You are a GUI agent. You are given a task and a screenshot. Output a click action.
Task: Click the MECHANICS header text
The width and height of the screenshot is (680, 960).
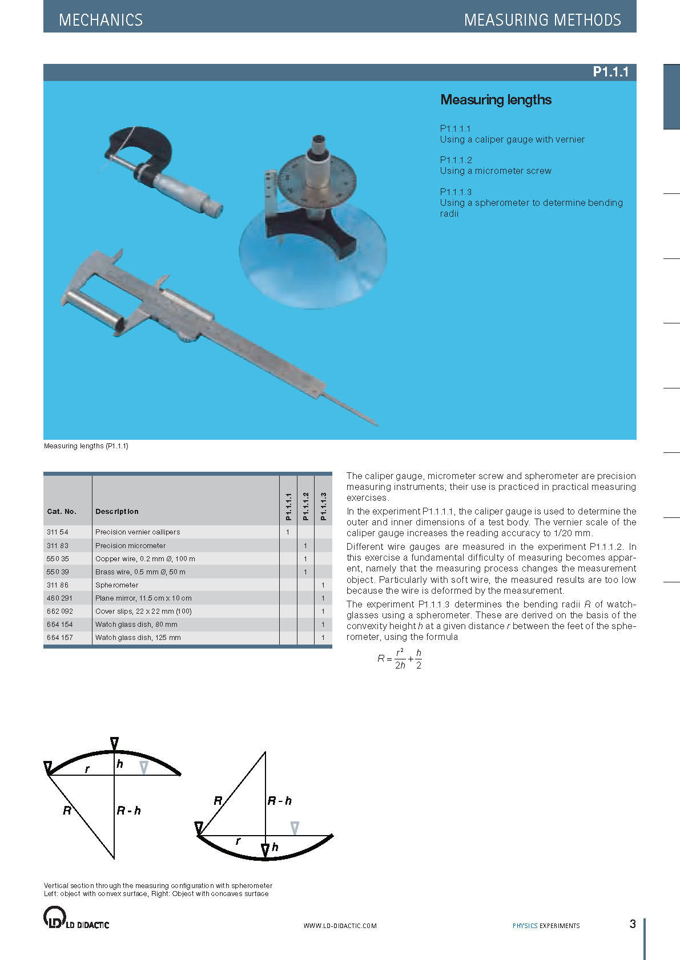(x=100, y=20)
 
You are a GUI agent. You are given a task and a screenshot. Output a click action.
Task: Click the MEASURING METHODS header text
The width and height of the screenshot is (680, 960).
(x=542, y=20)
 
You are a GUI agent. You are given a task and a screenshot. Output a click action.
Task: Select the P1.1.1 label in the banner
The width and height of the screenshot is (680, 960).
(x=610, y=72)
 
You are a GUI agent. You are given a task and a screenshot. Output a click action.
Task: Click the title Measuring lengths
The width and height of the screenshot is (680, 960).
(x=496, y=100)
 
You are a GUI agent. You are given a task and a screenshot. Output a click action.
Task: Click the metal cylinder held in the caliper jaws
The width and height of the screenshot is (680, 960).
(x=94, y=308)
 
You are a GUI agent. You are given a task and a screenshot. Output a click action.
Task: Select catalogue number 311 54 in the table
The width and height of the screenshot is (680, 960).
(x=58, y=532)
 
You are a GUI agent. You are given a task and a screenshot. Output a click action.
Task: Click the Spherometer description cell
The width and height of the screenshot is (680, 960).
(x=117, y=585)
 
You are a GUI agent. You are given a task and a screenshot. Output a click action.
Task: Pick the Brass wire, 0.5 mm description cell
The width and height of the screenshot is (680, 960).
(x=140, y=572)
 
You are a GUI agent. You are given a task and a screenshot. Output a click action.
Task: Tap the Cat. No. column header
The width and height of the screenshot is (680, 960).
(x=62, y=512)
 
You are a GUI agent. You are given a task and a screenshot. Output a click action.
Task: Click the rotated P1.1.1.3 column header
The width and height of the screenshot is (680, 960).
(x=323, y=506)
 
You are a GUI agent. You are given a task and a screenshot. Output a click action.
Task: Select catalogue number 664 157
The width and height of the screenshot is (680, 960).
(x=60, y=638)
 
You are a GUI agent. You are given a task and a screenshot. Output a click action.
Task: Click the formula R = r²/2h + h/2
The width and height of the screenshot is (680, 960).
(x=400, y=659)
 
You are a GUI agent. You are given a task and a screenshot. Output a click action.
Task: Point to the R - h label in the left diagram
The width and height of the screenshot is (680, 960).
(x=129, y=811)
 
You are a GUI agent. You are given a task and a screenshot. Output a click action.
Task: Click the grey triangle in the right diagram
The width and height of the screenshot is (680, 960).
(x=295, y=828)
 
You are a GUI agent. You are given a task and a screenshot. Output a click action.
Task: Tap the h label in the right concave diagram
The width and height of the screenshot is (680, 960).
(x=275, y=847)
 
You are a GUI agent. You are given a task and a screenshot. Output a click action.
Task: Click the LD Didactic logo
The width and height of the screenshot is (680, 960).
(x=76, y=918)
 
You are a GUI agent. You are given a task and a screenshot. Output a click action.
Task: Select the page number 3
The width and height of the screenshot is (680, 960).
(x=632, y=924)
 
